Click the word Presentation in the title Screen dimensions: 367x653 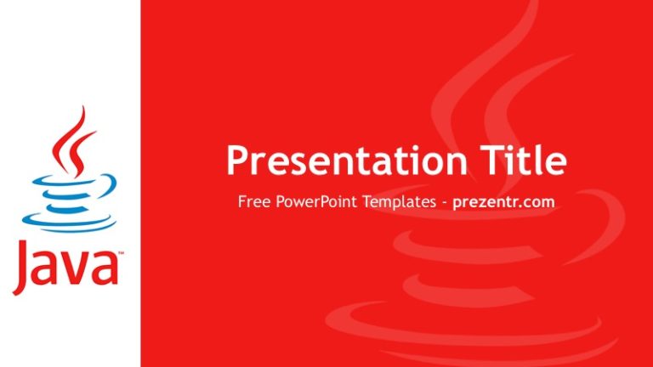(341, 161)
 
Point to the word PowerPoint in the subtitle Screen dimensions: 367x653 (314, 203)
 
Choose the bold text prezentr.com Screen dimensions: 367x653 (503, 203)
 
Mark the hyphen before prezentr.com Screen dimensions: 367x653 (444, 204)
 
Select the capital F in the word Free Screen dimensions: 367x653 (242, 203)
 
